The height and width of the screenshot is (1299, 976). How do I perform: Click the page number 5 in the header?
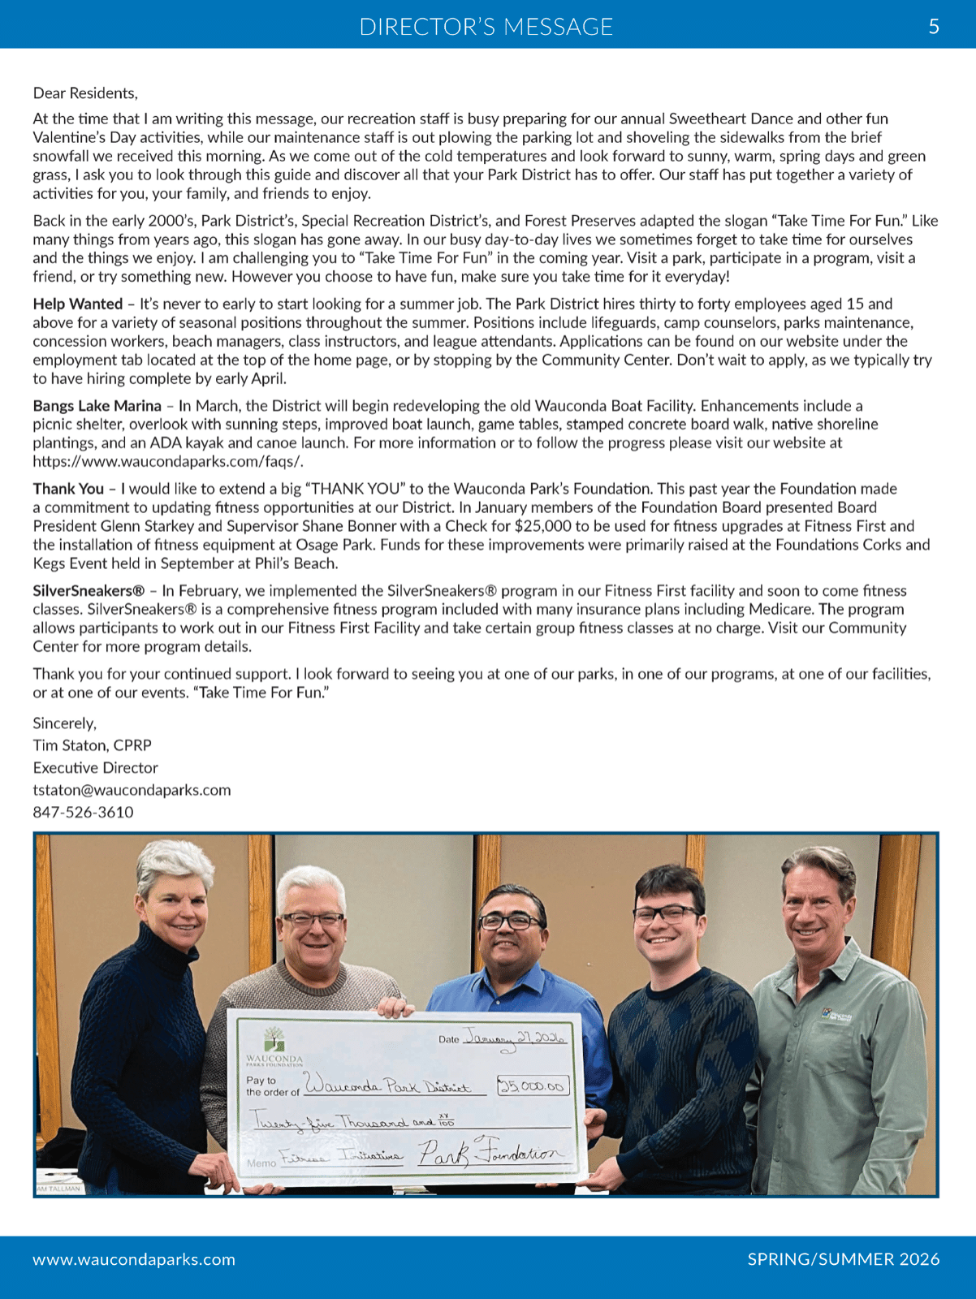coord(934,27)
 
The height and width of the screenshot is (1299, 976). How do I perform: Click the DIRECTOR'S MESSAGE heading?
coord(486,27)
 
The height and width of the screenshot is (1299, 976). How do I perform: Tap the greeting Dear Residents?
coord(85,93)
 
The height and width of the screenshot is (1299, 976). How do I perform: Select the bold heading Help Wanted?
coord(78,304)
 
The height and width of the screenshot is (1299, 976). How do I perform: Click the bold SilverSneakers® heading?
coord(89,591)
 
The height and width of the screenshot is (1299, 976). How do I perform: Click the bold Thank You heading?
coord(68,489)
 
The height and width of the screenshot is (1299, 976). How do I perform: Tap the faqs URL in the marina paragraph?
coord(168,462)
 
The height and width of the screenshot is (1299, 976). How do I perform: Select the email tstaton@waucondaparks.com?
coord(132,790)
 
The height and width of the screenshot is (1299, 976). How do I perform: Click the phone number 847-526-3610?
coord(83,812)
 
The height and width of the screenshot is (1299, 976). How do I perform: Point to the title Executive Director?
coord(95,768)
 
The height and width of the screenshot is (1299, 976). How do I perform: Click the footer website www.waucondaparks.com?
coord(134,1259)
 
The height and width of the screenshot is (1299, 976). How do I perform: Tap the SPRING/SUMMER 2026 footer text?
coord(843,1259)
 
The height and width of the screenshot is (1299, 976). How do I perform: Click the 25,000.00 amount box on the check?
coord(533,1086)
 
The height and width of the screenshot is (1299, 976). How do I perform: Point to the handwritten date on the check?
coord(514,1038)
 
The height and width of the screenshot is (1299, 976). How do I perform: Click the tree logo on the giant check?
coord(274,1039)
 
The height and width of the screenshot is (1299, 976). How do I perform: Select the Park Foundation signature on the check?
coord(490,1153)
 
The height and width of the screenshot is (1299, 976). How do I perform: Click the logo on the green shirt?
coord(836,1016)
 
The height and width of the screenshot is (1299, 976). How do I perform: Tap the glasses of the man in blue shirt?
coord(512,921)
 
